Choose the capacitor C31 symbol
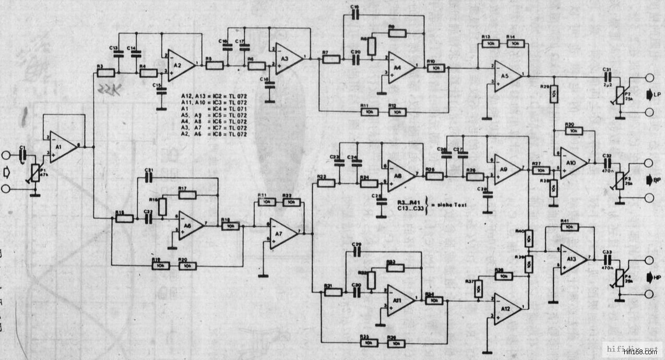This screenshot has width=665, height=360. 607,77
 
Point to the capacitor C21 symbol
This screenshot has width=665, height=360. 149,178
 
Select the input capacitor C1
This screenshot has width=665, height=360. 22,155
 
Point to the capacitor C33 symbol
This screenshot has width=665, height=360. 607,259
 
